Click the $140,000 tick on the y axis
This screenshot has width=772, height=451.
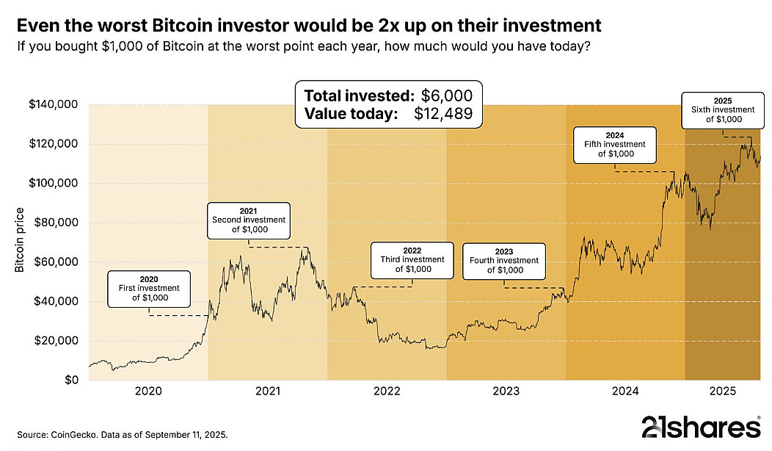coord(54,104)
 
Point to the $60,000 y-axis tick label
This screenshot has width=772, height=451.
coord(57,261)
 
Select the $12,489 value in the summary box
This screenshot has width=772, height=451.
coord(443,114)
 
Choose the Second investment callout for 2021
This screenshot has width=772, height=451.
coord(249,220)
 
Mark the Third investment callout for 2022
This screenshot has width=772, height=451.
coord(412,259)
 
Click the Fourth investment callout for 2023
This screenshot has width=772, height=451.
coord(504,260)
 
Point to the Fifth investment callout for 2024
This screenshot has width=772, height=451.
coord(615,144)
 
